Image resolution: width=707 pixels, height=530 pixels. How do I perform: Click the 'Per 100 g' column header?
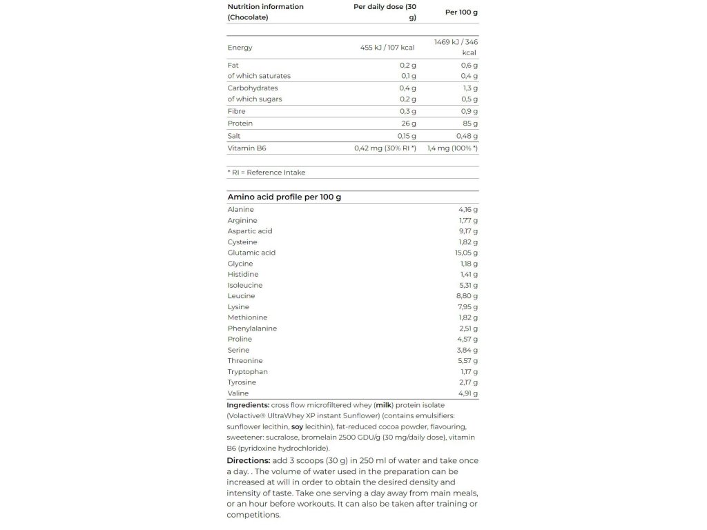[x=462, y=12]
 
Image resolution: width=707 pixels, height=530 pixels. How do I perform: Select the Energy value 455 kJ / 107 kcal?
[x=387, y=48]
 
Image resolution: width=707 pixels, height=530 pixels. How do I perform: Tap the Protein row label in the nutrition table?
[x=240, y=124]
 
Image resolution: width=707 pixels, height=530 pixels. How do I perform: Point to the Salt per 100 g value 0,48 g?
[x=466, y=136]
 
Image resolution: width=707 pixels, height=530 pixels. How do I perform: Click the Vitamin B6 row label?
[x=246, y=148]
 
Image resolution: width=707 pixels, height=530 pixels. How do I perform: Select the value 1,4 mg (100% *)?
[x=452, y=148]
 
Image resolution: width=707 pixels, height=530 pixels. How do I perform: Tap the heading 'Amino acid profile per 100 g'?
[x=284, y=197]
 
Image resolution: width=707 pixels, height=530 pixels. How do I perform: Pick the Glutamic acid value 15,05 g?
[x=466, y=253]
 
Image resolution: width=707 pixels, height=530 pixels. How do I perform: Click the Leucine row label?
[x=241, y=296]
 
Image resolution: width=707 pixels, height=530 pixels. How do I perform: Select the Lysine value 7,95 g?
[x=467, y=307]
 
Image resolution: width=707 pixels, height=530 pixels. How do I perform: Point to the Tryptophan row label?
[x=247, y=372]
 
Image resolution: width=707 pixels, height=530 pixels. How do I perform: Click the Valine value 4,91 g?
[x=467, y=393]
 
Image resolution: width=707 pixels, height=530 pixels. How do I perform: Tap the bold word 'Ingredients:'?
[x=248, y=405]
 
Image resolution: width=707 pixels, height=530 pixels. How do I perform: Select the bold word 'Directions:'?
[x=248, y=461]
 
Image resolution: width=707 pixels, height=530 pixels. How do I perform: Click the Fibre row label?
[x=236, y=111]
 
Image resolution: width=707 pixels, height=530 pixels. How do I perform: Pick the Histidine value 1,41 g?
[x=468, y=275]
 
